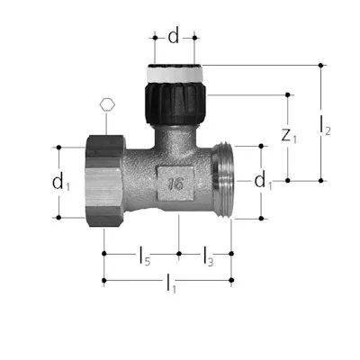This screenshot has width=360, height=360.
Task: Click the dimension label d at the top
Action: [174, 36]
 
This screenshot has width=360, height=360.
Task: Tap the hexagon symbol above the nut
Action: [107, 104]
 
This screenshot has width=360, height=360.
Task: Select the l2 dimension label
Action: [325, 125]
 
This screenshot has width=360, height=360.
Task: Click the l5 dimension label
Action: [145, 256]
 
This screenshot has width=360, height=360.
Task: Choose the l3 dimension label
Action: [208, 256]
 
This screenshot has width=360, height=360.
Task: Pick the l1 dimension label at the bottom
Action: [171, 283]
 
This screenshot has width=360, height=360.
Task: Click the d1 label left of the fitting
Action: [60, 181]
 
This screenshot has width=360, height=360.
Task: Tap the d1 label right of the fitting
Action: [263, 181]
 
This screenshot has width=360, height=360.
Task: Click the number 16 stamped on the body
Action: [175, 184]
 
